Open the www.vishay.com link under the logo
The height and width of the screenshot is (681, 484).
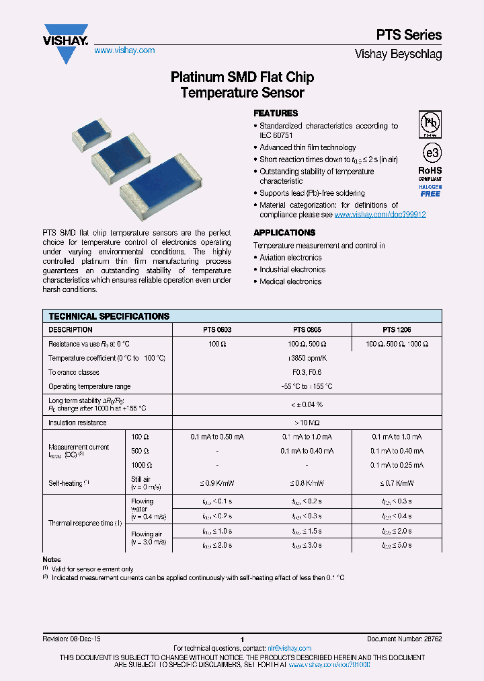coord(124,50)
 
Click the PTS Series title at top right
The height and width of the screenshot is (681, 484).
coord(408,35)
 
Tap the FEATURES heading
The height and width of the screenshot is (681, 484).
coord(276,114)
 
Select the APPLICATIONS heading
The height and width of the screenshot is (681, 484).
coord(284,233)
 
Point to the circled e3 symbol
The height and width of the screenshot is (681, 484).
coord(430,150)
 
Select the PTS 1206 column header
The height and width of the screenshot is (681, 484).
coord(397,330)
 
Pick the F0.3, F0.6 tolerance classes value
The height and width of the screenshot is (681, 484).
coord(307,372)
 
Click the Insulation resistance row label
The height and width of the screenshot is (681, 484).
coord(77,423)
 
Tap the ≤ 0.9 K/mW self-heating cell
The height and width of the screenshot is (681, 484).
coord(217,483)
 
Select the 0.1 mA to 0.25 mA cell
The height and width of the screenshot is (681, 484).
coord(397,465)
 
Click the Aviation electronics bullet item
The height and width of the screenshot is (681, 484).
coord(290,258)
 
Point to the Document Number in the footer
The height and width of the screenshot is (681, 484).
coord(404,639)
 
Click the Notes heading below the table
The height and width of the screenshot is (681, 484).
coord(51,560)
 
